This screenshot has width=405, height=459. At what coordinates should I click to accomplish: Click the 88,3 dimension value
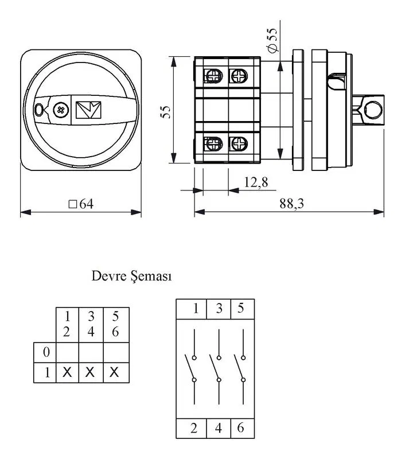pyautogui.click(x=291, y=204)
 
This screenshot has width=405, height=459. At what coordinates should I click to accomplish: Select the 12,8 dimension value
pyautogui.click(x=256, y=182)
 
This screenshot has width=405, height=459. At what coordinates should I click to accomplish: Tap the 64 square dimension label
pyautogui.click(x=81, y=204)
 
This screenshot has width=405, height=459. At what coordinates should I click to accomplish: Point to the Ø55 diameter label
pyautogui.click(x=272, y=40)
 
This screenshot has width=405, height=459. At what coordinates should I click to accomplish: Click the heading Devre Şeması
pyautogui.click(x=131, y=276)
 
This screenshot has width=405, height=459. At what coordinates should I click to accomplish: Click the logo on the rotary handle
pyautogui.click(x=88, y=110)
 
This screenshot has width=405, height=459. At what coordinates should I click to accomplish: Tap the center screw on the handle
pyautogui.click(x=61, y=110)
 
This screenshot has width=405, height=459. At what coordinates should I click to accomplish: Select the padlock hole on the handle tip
pyautogui.click(x=38, y=110)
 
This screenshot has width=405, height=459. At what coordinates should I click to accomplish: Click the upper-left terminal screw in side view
pyautogui.click(x=213, y=76)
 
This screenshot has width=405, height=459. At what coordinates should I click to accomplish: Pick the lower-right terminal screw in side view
pyautogui.click(x=239, y=144)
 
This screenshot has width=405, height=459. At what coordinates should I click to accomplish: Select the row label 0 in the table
pyautogui.click(x=46, y=352)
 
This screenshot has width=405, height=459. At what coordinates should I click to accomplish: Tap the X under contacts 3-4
pyautogui.click(x=90, y=372)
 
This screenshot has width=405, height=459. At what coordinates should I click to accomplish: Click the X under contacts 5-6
pyautogui.click(x=114, y=372)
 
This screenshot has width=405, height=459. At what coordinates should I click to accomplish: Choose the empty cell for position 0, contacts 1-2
pyautogui.click(x=67, y=352)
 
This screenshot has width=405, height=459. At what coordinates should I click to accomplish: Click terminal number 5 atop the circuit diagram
pyautogui.click(x=241, y=308)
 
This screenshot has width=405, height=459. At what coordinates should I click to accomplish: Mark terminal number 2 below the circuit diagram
pyautogui.click(x=194, y=428)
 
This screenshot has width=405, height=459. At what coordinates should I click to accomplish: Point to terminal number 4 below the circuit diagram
pyautogui.click(x=219, y=428)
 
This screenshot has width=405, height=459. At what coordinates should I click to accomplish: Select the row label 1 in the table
pyautogui.click(x=47, y=372)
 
